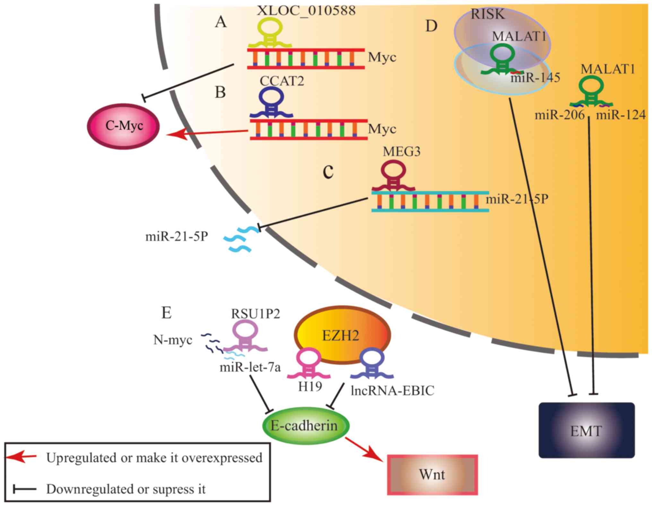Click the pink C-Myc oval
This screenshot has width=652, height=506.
click(x=124, y=126)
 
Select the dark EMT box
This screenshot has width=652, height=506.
click(x=586, y=430)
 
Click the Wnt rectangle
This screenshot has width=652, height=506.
click(x=432, y=475)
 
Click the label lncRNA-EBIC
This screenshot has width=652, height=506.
click(x=392, y=391)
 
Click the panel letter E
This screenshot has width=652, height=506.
click(x=166, y=312)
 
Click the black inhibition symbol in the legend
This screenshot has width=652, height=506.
click(x=24, y=489)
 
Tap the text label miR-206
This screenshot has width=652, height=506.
click(x=560, y=115)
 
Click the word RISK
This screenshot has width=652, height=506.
click(x=488, y=14)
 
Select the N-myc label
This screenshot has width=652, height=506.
click(x=173, y=340)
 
